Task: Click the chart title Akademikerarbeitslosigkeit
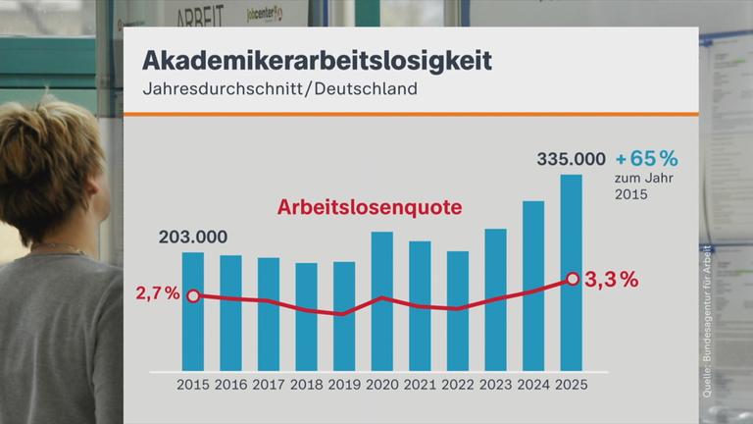pos(317,59)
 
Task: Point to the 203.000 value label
pos(193,237)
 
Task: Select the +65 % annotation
pos(646,158)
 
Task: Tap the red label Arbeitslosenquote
pos(369,208)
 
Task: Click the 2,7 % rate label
pos(159,294)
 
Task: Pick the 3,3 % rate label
pos(611,280)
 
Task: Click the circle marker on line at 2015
pos(193,295)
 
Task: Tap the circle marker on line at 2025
pos(571,280)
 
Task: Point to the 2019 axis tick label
pos(344,385)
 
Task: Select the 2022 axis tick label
pos(458,385)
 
